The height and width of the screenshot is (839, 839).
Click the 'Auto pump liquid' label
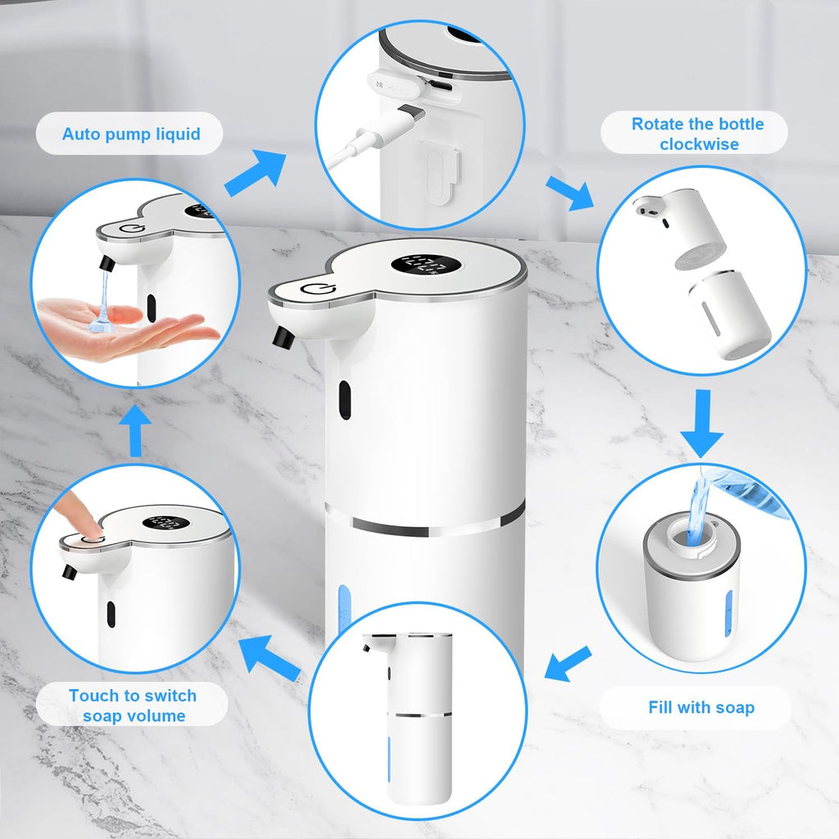pos(130,134)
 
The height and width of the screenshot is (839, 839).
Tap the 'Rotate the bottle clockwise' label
pos(696,134)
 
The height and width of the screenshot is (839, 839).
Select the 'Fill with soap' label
pos(701,707)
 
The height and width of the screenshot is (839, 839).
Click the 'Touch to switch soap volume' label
pos(132,705)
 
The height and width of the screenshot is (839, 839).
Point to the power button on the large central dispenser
pos(314,289)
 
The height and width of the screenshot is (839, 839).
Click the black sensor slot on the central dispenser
pos(344,397)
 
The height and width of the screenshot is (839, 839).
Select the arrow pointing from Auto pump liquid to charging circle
pos(255,175)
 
